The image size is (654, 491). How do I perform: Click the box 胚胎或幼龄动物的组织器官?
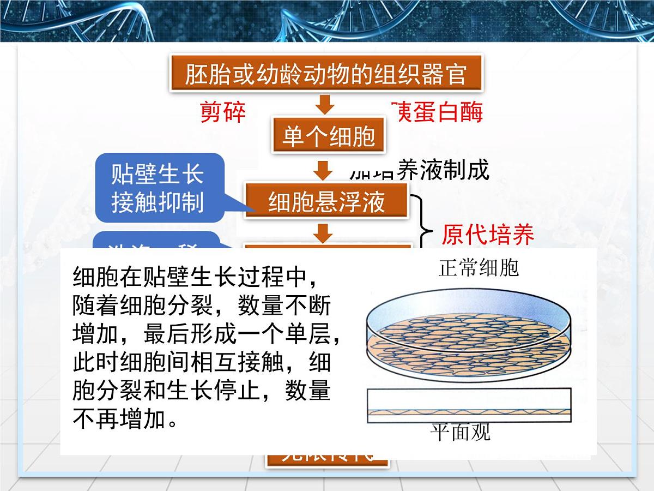(326, 74)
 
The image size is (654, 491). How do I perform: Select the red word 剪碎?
(223, 113)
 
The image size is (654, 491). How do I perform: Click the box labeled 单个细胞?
(329, 136)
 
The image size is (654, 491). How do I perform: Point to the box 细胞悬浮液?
(326, 201)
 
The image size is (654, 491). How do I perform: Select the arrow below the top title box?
(325, 104)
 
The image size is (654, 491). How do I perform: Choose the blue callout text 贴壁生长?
(158, 175)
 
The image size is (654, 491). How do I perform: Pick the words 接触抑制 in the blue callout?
(158, 202)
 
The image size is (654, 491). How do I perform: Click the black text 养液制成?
(444, 170)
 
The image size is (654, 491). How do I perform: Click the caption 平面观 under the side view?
(461, 433)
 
